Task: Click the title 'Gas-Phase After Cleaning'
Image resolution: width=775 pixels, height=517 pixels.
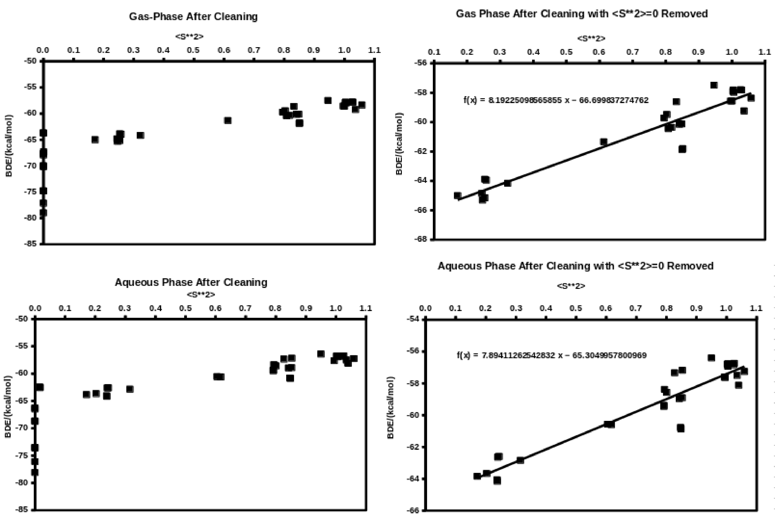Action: pos(193,16)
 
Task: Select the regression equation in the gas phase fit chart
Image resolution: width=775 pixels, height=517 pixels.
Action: pos(556,100)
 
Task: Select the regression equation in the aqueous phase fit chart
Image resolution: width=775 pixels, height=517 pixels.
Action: pos(552,355)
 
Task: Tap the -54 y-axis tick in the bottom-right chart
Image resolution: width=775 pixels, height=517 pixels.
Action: pos(413,319)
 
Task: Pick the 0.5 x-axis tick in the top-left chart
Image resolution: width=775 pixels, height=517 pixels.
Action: pos(193,50)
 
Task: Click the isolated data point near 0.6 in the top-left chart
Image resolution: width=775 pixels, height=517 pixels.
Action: pos(228,120)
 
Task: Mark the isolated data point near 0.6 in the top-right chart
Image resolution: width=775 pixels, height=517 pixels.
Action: pos(604,142)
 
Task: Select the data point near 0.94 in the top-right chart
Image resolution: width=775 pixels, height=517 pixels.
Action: pos(714,85)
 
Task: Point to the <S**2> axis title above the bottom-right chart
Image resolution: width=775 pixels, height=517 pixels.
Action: pos(571,286)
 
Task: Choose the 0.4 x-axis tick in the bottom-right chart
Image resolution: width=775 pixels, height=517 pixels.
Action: pos(546,309)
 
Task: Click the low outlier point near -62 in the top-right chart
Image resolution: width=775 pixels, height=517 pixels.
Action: pos(682,149)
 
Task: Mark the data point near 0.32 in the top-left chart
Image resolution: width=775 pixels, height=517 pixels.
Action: pos(140,135)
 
